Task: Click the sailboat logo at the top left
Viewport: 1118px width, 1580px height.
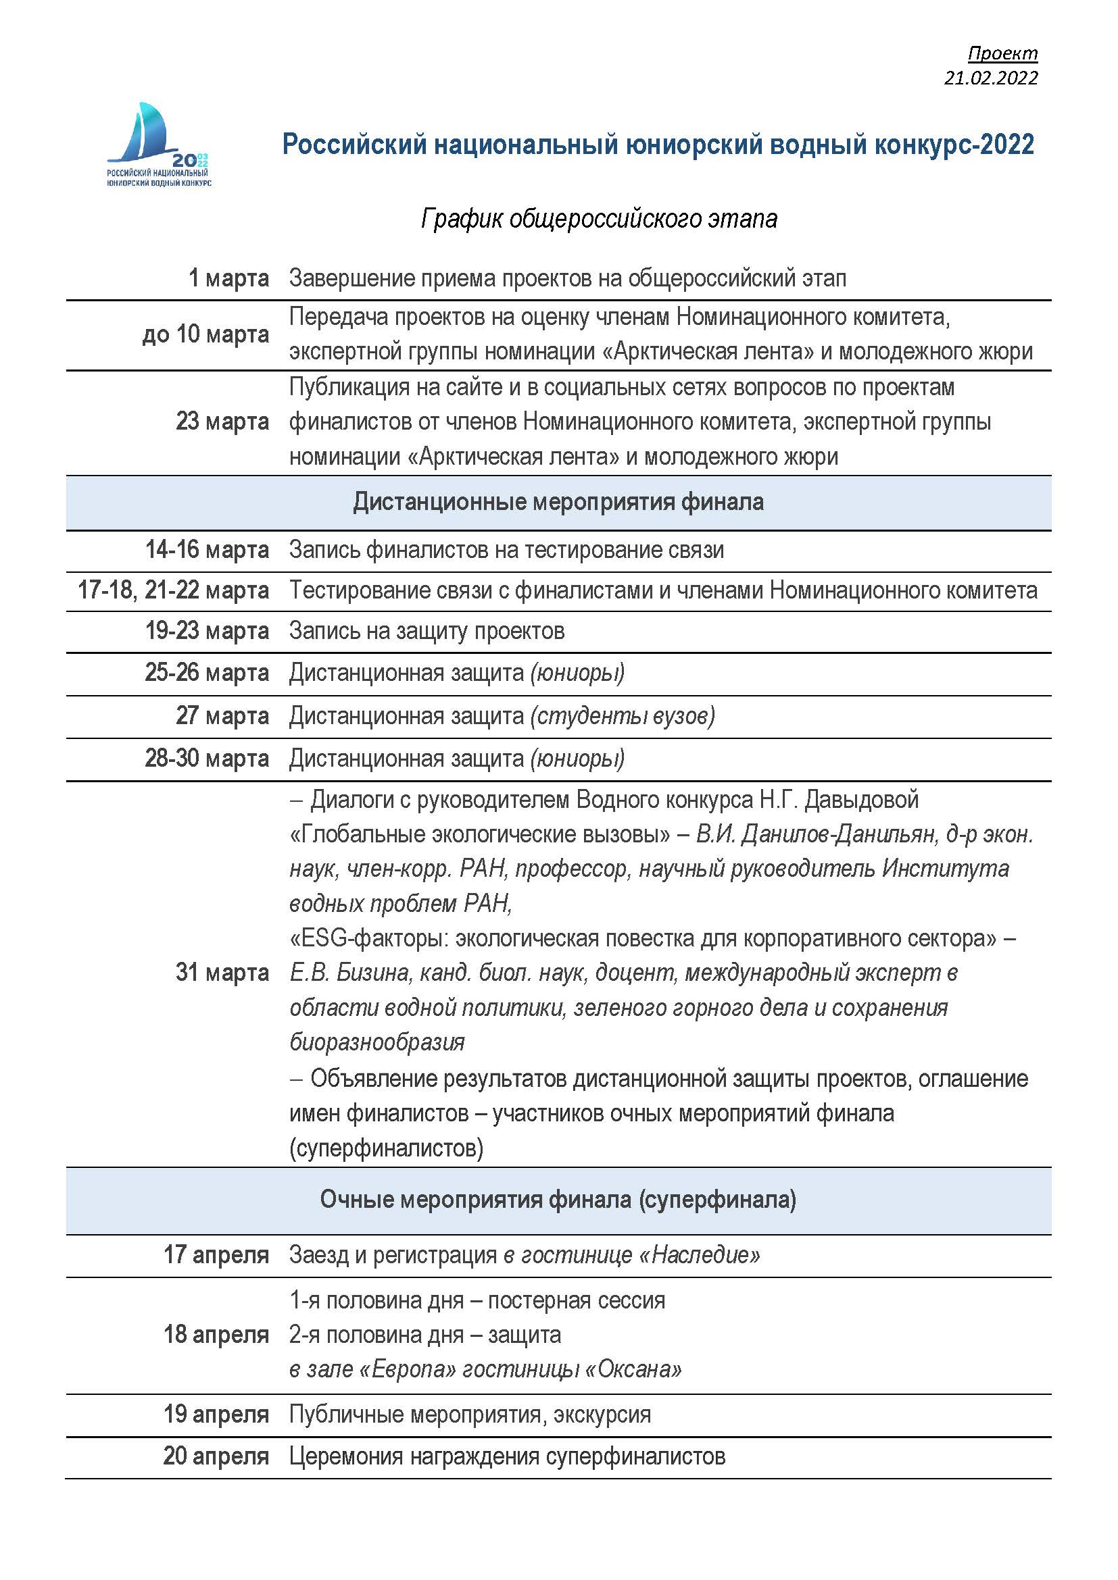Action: tap(158, 145)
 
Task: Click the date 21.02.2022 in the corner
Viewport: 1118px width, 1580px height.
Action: tap(990, 78)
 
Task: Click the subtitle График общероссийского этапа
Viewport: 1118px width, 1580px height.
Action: tap(599, 219)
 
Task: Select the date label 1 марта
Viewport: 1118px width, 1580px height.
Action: tap(228, 278)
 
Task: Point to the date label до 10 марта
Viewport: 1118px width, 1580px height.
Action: tap(205, 334)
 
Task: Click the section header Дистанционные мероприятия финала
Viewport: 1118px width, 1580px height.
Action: tap(558, 502)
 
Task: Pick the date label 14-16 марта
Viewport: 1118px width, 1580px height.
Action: tap(207, 550)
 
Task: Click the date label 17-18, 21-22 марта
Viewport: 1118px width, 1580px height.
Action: tap(173, 590)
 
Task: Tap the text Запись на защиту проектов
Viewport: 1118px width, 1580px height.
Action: tap(427, 631)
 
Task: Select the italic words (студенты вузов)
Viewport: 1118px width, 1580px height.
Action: tap(623, 715)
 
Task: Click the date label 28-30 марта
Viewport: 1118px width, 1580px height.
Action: tap(207, 759)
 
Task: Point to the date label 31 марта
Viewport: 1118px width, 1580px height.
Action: tap(222, 972)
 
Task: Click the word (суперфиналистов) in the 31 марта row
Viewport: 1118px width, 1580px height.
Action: tap(386, 1148)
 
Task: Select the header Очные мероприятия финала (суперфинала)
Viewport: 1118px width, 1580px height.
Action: tap(558, 1200)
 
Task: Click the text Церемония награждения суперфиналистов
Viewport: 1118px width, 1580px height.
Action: tap(508, 1456)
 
